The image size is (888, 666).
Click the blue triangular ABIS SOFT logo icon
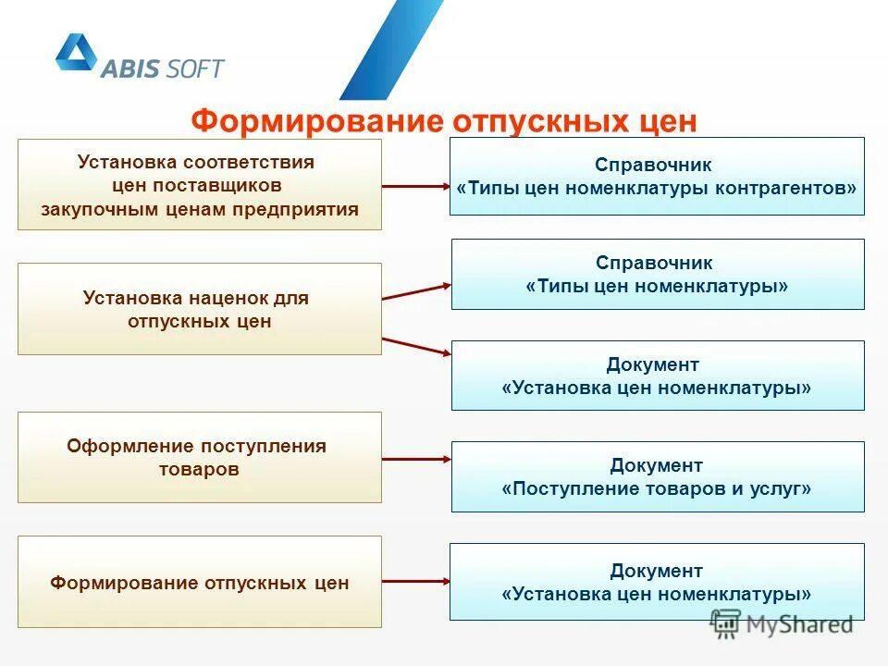coord(76,53)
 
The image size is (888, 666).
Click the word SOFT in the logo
coord(195,68)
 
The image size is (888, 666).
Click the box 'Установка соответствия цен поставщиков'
coord(199,184)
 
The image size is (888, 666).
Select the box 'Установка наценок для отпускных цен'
coord(199,309)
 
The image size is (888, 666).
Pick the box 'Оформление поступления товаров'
coord(199,457)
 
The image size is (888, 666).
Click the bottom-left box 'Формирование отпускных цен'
coord(199,582)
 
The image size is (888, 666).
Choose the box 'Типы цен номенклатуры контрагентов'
coord(657,176)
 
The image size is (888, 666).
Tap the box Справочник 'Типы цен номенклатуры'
coord(657,275)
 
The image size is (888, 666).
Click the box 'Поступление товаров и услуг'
coord(657,476)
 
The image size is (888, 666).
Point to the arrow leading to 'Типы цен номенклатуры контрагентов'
coord(415,186)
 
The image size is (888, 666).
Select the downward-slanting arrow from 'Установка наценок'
coord(415,345)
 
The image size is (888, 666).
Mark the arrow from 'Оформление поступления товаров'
coord(415,458)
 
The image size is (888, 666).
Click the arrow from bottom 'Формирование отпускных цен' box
coord(415,582)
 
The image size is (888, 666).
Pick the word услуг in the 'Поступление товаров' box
coord(784,488)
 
